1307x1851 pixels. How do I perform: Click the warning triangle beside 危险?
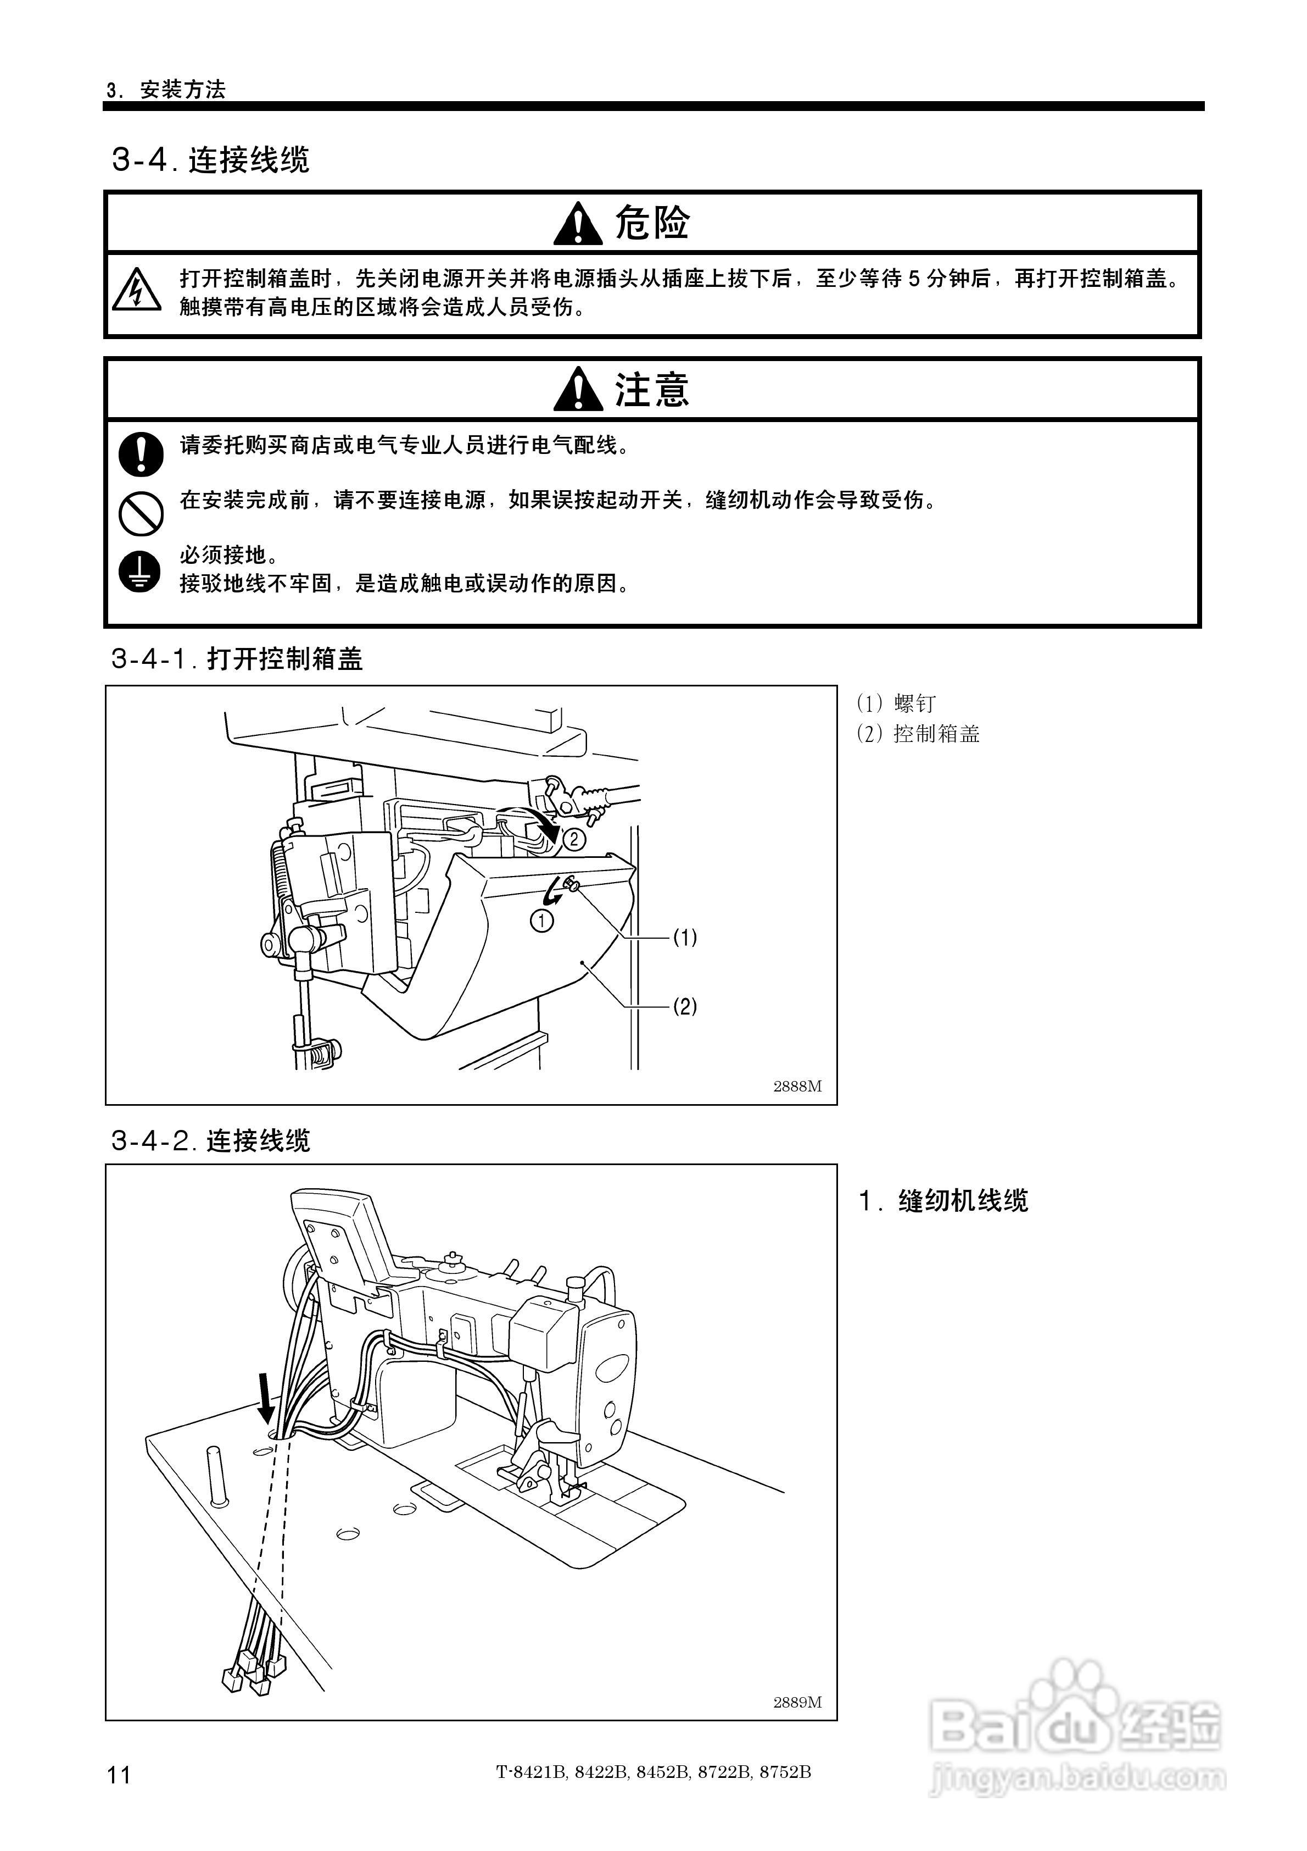tap(578, 225)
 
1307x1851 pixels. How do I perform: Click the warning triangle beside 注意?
tap(578, 390)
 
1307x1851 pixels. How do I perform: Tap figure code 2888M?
tap(797, 1086)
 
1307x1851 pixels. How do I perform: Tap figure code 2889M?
tap(797, 1702)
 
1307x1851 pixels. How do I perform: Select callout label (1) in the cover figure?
tap(685, 938)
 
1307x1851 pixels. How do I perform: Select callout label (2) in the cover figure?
tap(685, 1006)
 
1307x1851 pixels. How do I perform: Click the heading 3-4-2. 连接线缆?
tap(210, 1141)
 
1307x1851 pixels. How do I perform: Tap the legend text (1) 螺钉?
tap(896, 704)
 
